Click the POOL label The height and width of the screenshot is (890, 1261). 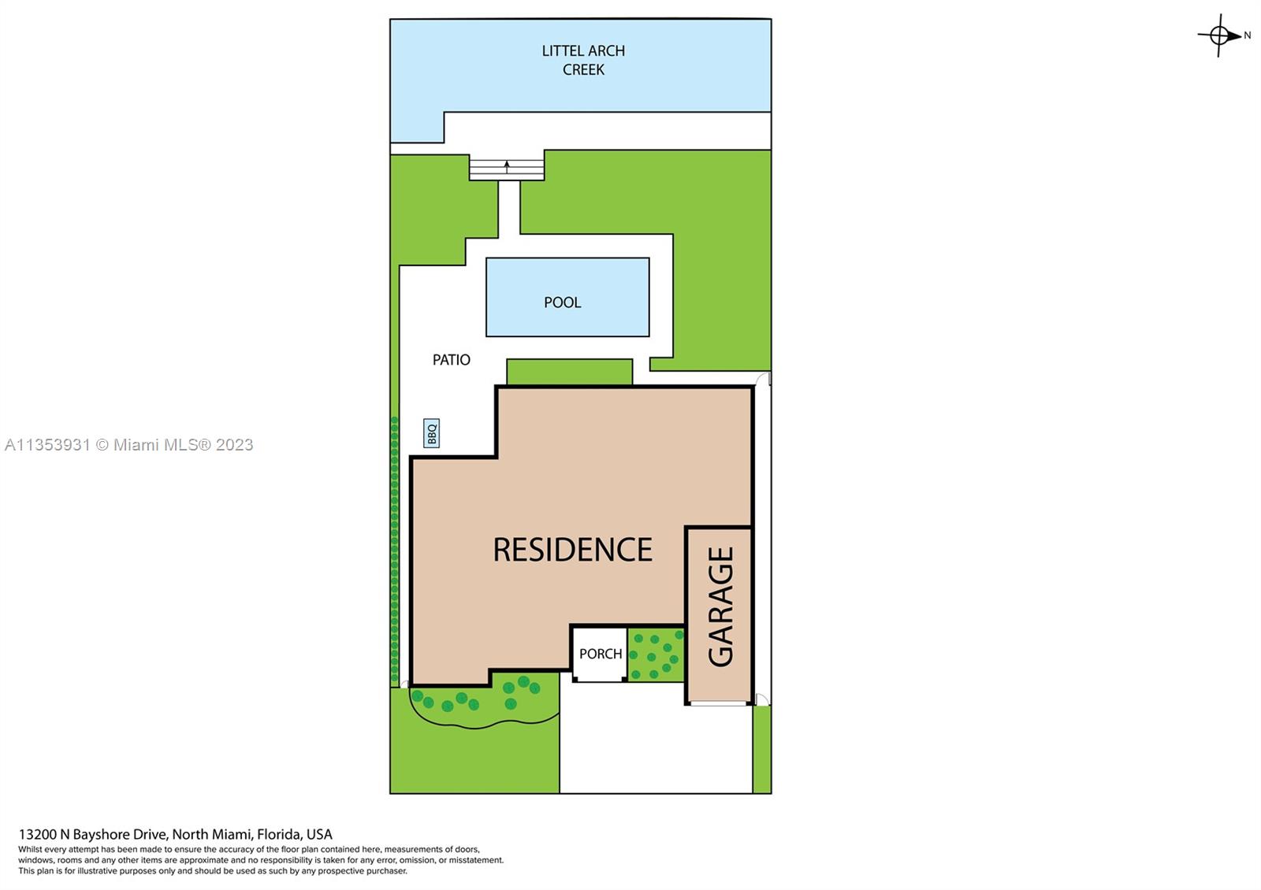coord(563,302)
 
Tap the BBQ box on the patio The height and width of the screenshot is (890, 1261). coord(431,433)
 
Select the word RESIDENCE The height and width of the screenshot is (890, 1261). coord(572,550)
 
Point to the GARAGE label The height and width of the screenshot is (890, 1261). coord(720,606)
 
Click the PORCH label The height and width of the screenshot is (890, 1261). coord(601,654)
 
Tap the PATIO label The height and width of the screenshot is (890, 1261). coord(451,360)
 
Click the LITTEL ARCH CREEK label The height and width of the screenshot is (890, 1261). coord(583,60)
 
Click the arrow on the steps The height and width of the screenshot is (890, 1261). coord(507,166)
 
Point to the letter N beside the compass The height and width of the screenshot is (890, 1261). coord(1248,35)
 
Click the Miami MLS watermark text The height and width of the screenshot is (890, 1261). coord(129,445)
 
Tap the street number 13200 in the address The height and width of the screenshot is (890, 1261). coord(38,834)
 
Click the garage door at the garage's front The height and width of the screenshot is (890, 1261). coord(719,703)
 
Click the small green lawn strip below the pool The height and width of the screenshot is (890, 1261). coord(570,372)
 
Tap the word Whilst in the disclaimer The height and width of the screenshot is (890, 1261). coord(31,850)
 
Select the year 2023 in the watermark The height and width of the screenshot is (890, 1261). coord(234,445)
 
